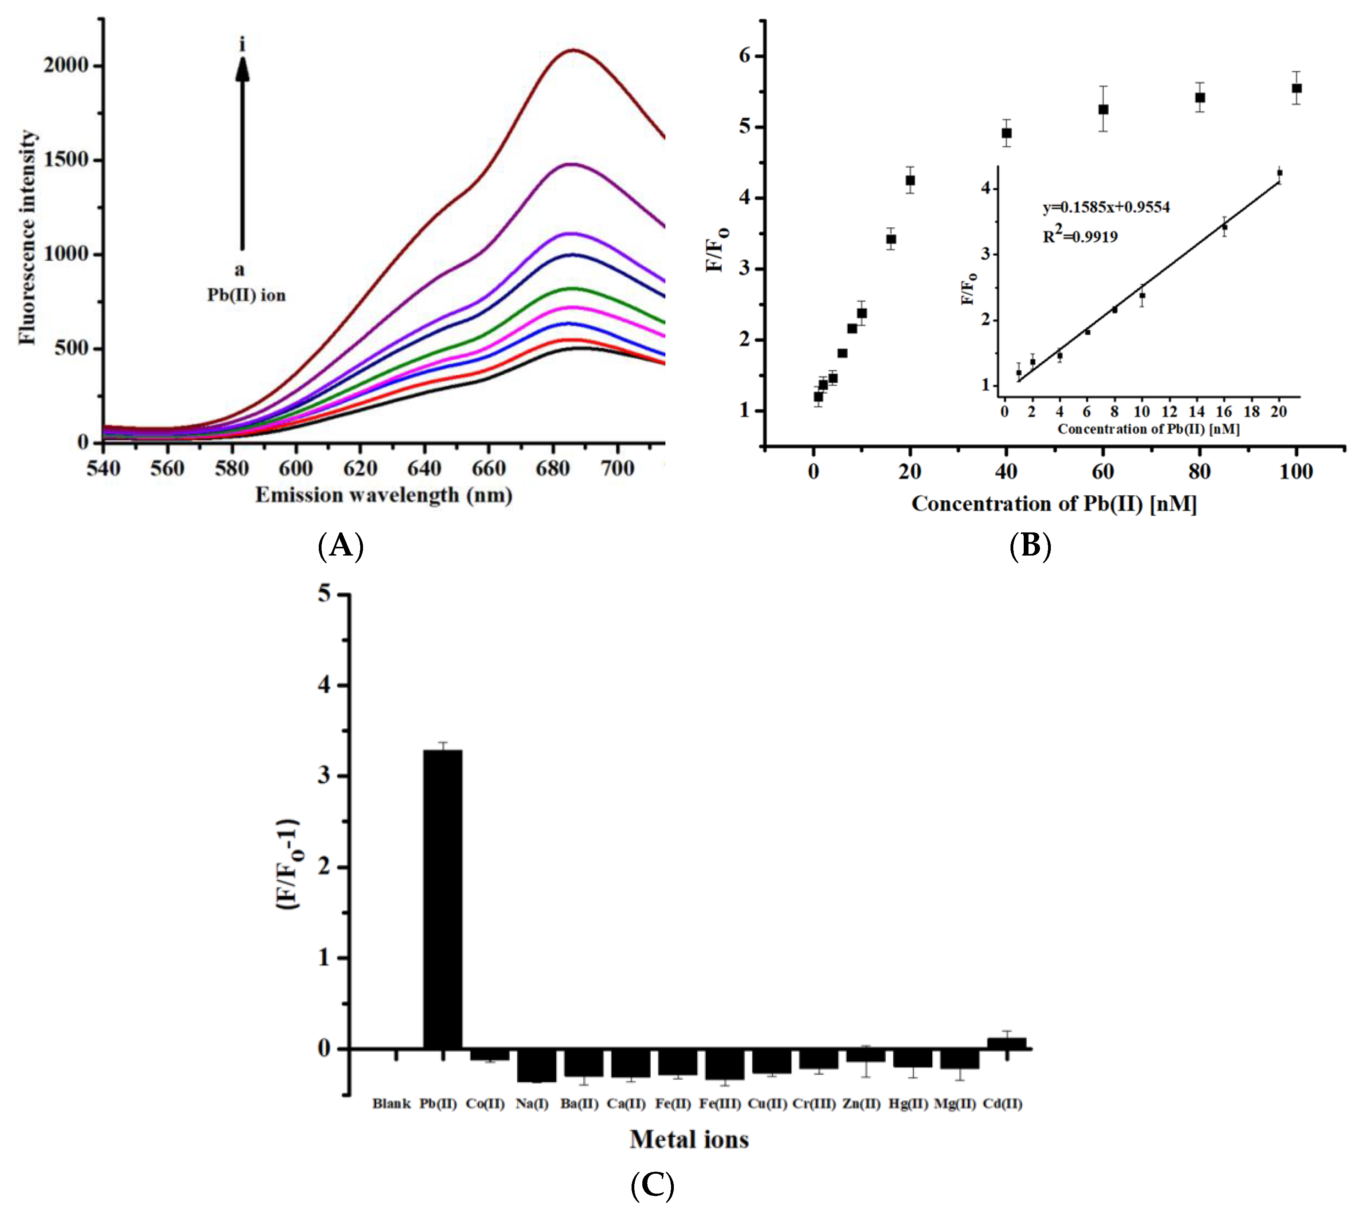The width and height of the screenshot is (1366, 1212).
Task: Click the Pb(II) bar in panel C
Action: coord(442,899)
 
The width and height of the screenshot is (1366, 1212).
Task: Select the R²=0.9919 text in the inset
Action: coord(1081,236)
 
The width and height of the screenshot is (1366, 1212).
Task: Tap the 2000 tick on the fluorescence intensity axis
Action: coord(65,65)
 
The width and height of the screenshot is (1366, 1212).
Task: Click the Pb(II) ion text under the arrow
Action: coord(246,295)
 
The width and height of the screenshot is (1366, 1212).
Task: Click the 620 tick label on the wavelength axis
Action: coord(360,468)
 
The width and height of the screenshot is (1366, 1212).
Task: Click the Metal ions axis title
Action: coord(689,1139)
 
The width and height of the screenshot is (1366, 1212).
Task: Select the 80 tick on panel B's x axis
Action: coord(1200,472)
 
